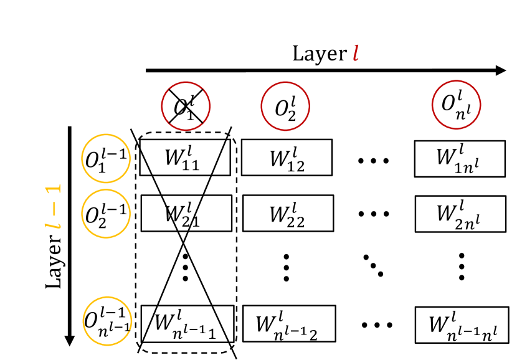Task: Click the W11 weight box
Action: tap(185, 158)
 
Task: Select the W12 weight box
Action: tap(287, 158)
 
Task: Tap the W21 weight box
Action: tap(186, 213)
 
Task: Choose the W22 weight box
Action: tap(288, 213)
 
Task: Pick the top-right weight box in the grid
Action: tap(460, 159)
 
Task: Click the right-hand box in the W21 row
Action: tap(460, 214)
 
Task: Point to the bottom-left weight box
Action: tap(187, 324)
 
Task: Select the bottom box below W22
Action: tap(289, 324)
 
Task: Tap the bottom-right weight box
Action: tap(462, 324)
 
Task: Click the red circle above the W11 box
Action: tap(186, 106)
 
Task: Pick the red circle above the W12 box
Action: tap(285, 106)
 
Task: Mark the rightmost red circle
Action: tap(457, 105)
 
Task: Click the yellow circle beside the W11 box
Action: tap(106, 158)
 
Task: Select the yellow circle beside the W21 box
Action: tap(106, 214)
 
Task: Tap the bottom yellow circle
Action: tap(107, 321)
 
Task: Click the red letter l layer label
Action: tap(356, 53)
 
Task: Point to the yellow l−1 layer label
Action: tap(54, 207)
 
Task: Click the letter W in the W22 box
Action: tap(279, 214)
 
